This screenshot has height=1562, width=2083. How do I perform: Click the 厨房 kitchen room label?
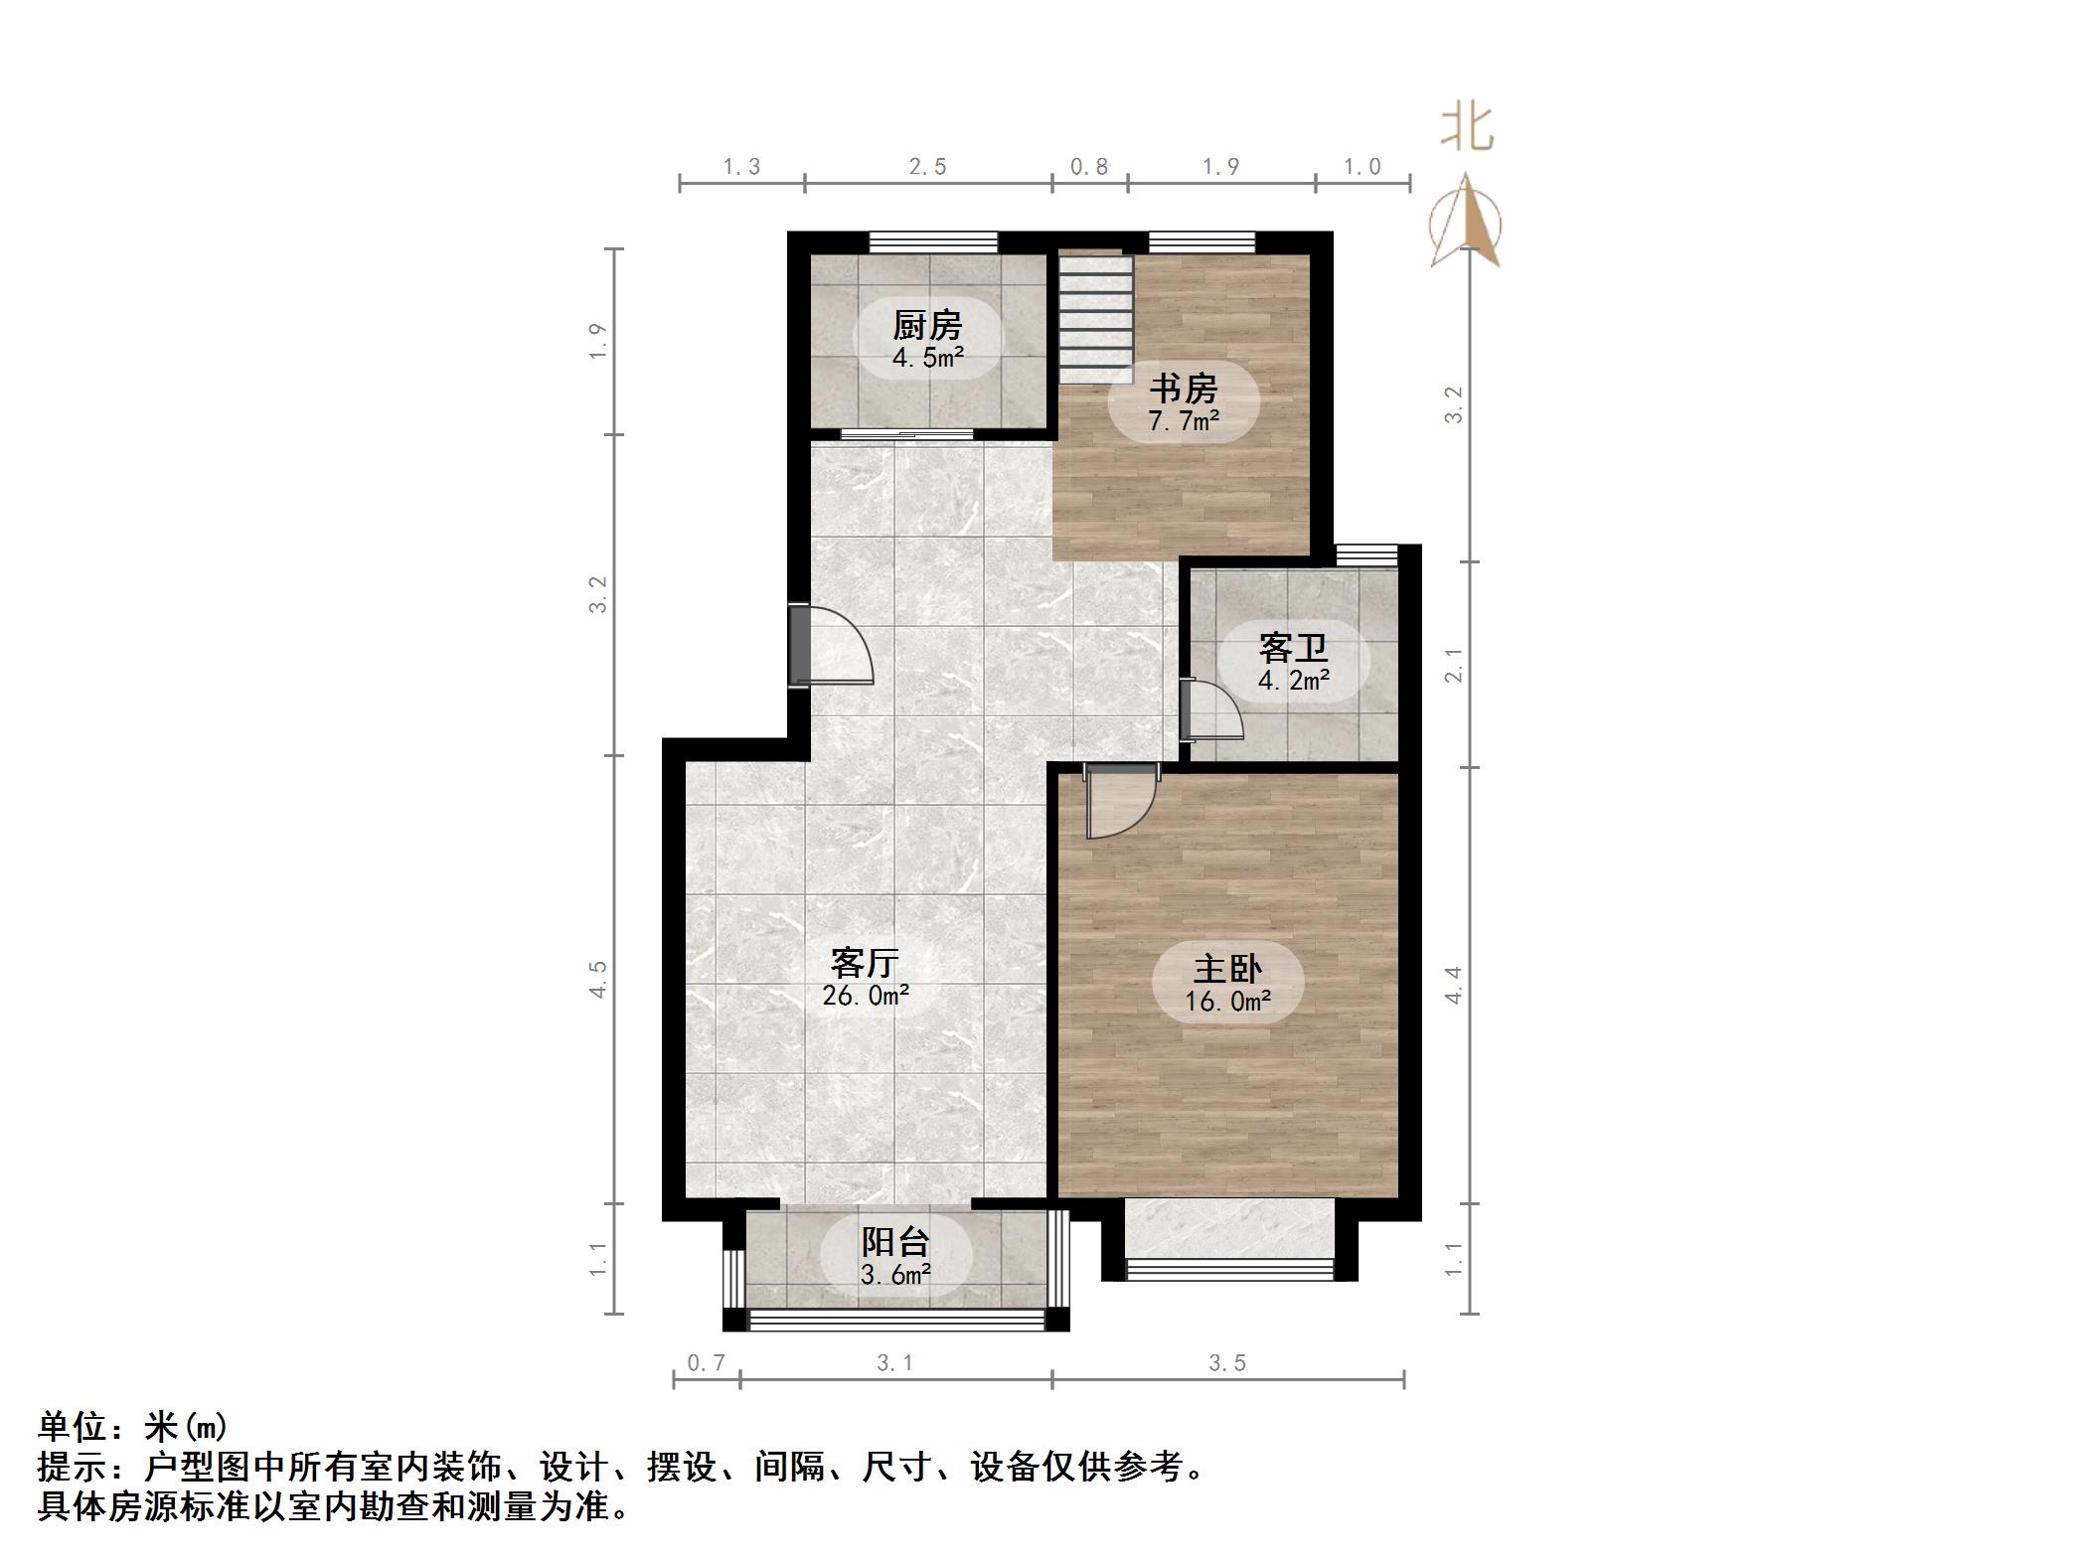click(927, 325)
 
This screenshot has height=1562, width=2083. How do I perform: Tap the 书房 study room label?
click(1184, 388)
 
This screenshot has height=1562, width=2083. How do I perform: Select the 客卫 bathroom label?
click(1293, 648)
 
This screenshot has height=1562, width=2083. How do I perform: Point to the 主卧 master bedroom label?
click(1227, 968)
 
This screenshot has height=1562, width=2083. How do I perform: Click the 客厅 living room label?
click(865, 962)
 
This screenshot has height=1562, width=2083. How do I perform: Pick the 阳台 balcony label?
click(895, 1241)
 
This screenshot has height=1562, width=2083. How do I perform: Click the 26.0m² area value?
click(866, 995)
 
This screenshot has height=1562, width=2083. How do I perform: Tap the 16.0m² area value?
click(1227, 1001)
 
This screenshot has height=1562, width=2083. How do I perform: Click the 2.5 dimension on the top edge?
click(927, 167)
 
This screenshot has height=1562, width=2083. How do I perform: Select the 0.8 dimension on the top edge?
click(1089, 167)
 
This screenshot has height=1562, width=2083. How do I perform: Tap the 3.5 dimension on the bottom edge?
click(1227, 1363)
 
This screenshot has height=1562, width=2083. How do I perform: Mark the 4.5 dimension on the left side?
click(597, 979)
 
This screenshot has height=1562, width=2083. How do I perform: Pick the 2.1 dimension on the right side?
click(1454, 664)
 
